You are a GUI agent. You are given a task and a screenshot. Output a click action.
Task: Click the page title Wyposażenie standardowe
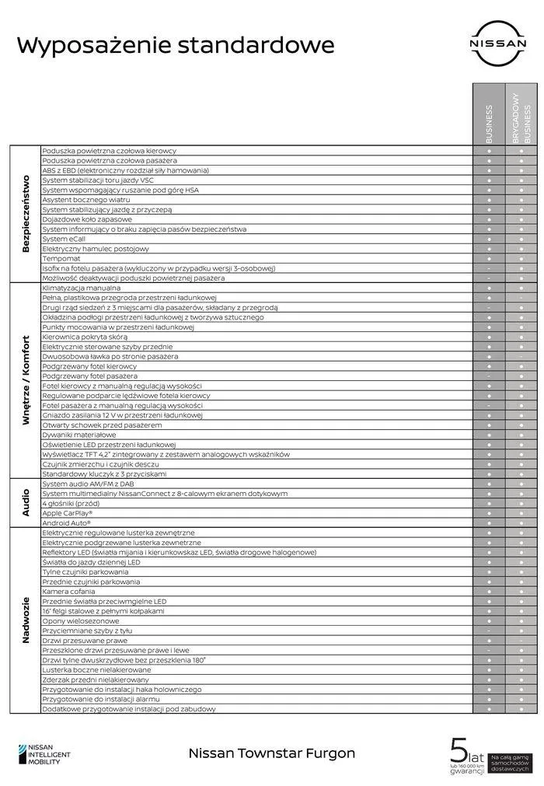[x=176, y=45]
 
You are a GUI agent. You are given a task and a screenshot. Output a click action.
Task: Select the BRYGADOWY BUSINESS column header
[x=521, y=118]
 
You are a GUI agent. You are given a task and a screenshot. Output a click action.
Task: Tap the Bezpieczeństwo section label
[x=26, y=213]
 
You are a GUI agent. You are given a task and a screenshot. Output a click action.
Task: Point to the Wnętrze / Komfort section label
[x=26, y=380]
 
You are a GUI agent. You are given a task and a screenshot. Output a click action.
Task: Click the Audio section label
[x=26, y=502]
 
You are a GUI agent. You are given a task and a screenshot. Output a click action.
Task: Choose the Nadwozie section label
[x=26, y=620]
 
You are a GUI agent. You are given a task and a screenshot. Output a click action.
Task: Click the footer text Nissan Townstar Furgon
[x=272, y=753]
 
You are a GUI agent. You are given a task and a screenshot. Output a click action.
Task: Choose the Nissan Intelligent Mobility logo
[x=44, y=753]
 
